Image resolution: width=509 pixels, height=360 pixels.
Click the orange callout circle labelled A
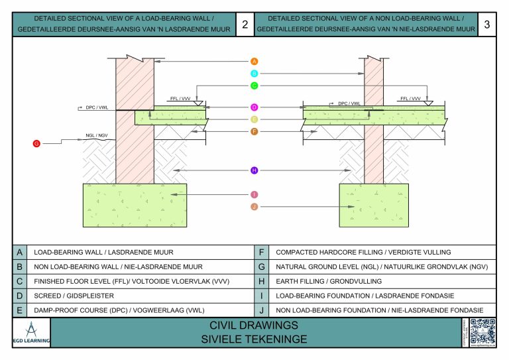254,61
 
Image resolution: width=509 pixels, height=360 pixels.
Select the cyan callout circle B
254,74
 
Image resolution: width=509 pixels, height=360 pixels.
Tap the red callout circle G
36,143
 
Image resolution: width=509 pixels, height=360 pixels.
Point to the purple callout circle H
254,170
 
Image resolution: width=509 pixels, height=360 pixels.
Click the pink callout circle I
254,194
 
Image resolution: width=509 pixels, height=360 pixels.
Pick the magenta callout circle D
254,107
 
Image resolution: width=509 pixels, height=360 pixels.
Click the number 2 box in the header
245,25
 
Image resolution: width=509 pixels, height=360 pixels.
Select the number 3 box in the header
487,25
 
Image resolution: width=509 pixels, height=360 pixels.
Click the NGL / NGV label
96,136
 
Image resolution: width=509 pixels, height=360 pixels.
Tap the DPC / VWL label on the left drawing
97,106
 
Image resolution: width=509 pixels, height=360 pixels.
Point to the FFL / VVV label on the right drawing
410,98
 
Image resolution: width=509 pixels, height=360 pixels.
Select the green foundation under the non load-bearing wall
374,206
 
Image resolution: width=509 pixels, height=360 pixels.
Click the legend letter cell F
262,252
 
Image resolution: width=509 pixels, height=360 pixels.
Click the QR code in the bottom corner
482,331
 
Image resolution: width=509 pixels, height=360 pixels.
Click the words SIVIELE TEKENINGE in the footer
254,339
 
